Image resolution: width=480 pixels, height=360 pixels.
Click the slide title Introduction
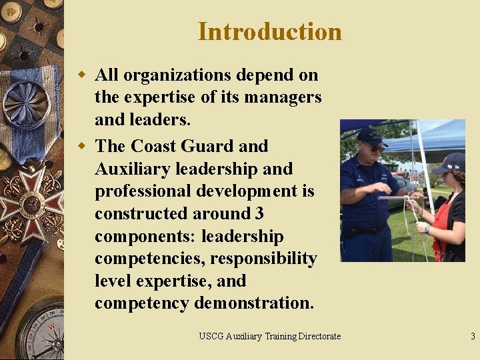pos(269,32)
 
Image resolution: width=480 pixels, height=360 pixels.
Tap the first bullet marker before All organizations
pos(83,75)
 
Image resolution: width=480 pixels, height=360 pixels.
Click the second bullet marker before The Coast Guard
pos(83,146)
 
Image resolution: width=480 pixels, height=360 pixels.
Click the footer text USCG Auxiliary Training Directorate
pos(269,337)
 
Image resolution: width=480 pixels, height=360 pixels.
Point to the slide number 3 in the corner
pos(473,337)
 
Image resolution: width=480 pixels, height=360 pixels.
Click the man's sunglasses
pos(375,147)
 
